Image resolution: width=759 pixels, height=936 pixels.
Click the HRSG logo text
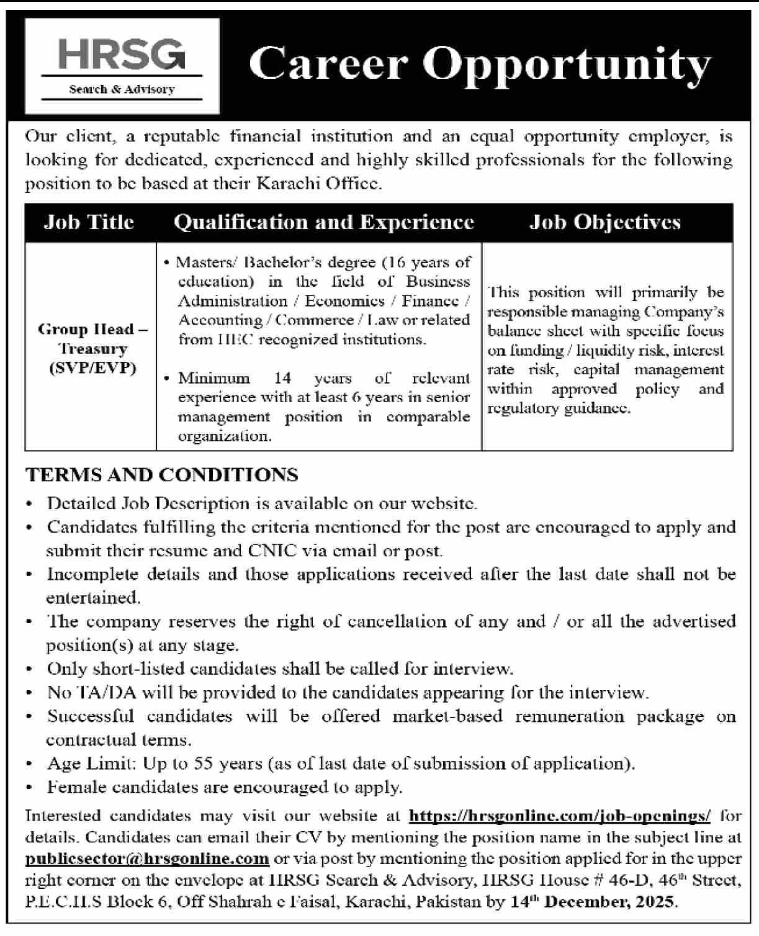122,55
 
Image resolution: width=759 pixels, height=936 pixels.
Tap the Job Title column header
89,222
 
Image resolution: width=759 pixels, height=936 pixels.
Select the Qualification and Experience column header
324,222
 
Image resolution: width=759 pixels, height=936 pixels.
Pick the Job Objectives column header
605,222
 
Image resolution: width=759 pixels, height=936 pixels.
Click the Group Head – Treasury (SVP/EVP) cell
92,348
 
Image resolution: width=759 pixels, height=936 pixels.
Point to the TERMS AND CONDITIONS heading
162,475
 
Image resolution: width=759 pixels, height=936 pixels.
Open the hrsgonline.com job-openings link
560,815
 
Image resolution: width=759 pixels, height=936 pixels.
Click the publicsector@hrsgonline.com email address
147,858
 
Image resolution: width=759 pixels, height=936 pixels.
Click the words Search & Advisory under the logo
122,89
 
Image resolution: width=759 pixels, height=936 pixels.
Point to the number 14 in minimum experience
282,378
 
